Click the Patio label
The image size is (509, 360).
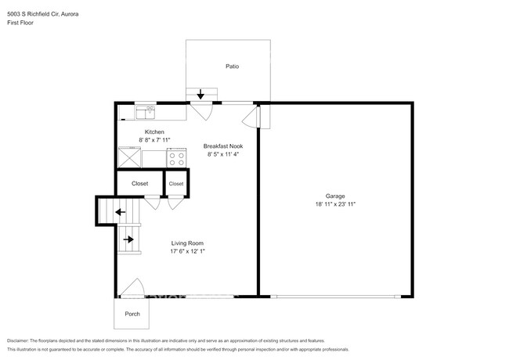point(232,67)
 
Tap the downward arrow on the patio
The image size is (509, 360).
point(200,94)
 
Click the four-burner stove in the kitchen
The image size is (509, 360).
point(177,158)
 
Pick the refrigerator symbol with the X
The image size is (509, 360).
point(129,158)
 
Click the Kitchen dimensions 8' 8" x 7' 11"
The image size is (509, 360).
point(150,139)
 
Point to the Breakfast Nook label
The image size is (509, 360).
point(222,146)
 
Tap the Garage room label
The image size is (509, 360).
point(335,196)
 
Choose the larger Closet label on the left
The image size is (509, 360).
point(139,183)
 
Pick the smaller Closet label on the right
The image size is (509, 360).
point(176,184)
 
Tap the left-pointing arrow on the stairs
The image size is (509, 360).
point(120,211)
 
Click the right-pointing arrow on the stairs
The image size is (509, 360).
point(127,238)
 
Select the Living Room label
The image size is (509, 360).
point(188,245)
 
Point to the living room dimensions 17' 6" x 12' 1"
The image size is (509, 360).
point(188,252)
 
